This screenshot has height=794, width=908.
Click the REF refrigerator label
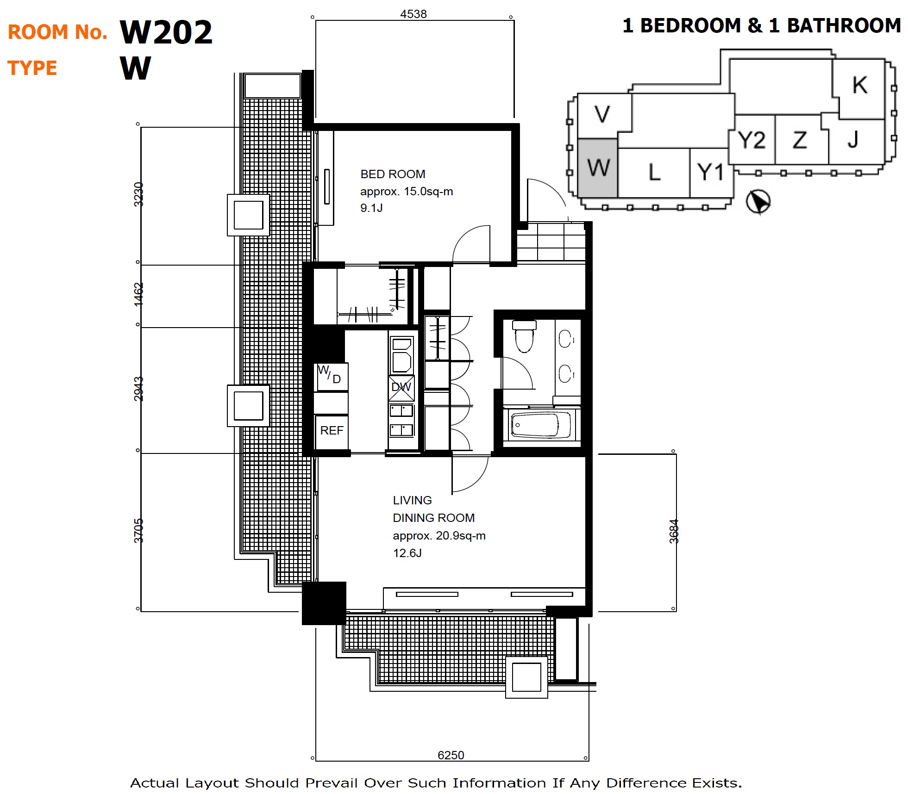click(332, 430)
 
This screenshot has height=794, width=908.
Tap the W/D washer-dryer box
click(332, 377)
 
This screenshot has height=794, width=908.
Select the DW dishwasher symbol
click(401, 387)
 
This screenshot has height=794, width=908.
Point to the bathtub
click(540, 425)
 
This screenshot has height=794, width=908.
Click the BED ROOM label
click(393, 174)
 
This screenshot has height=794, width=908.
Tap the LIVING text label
click(412, 500)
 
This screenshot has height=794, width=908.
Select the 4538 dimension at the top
click(413, 14)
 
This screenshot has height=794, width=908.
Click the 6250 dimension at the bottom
click(451, 755)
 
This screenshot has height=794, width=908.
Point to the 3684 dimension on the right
click(674, 531)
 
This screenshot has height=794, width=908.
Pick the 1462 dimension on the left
click(138, 294)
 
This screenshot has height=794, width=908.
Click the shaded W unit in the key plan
click(597, 168)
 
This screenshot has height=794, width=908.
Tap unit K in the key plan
click(859, 86)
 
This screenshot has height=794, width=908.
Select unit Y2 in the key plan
click(751, 140)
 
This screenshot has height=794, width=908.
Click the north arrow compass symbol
click(758, 202)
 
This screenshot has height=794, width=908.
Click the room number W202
click(166, 32)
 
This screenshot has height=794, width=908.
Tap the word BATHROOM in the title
click(844, 25)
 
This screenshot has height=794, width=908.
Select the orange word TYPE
click(32, 68)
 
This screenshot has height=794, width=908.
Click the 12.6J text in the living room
click(407, 553)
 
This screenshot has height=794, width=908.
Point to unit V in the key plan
click(602, 114)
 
